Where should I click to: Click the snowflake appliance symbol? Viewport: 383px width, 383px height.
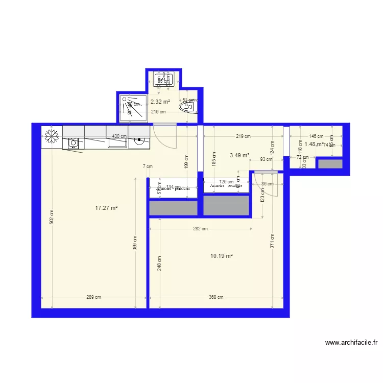point(51,137)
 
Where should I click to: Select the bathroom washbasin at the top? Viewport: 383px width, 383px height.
point(164,79)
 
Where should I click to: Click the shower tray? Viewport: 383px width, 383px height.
point(133,108)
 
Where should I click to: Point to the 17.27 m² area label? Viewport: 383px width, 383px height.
point(107,208)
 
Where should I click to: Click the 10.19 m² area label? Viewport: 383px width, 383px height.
point(222,256)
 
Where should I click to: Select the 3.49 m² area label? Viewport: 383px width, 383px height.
point(239,155)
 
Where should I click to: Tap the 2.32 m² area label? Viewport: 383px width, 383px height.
point(160,102)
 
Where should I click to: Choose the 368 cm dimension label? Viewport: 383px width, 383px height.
point(216,297)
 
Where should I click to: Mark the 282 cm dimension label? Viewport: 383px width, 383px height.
point(200,229)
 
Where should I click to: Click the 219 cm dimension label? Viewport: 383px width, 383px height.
point(243,136)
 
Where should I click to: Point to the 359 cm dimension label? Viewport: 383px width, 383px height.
point(135,248)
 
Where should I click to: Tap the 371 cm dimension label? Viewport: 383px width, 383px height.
point(273,241)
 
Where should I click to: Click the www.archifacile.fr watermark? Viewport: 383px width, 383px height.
point(351,343)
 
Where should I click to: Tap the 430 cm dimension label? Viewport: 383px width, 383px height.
point(119,136)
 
